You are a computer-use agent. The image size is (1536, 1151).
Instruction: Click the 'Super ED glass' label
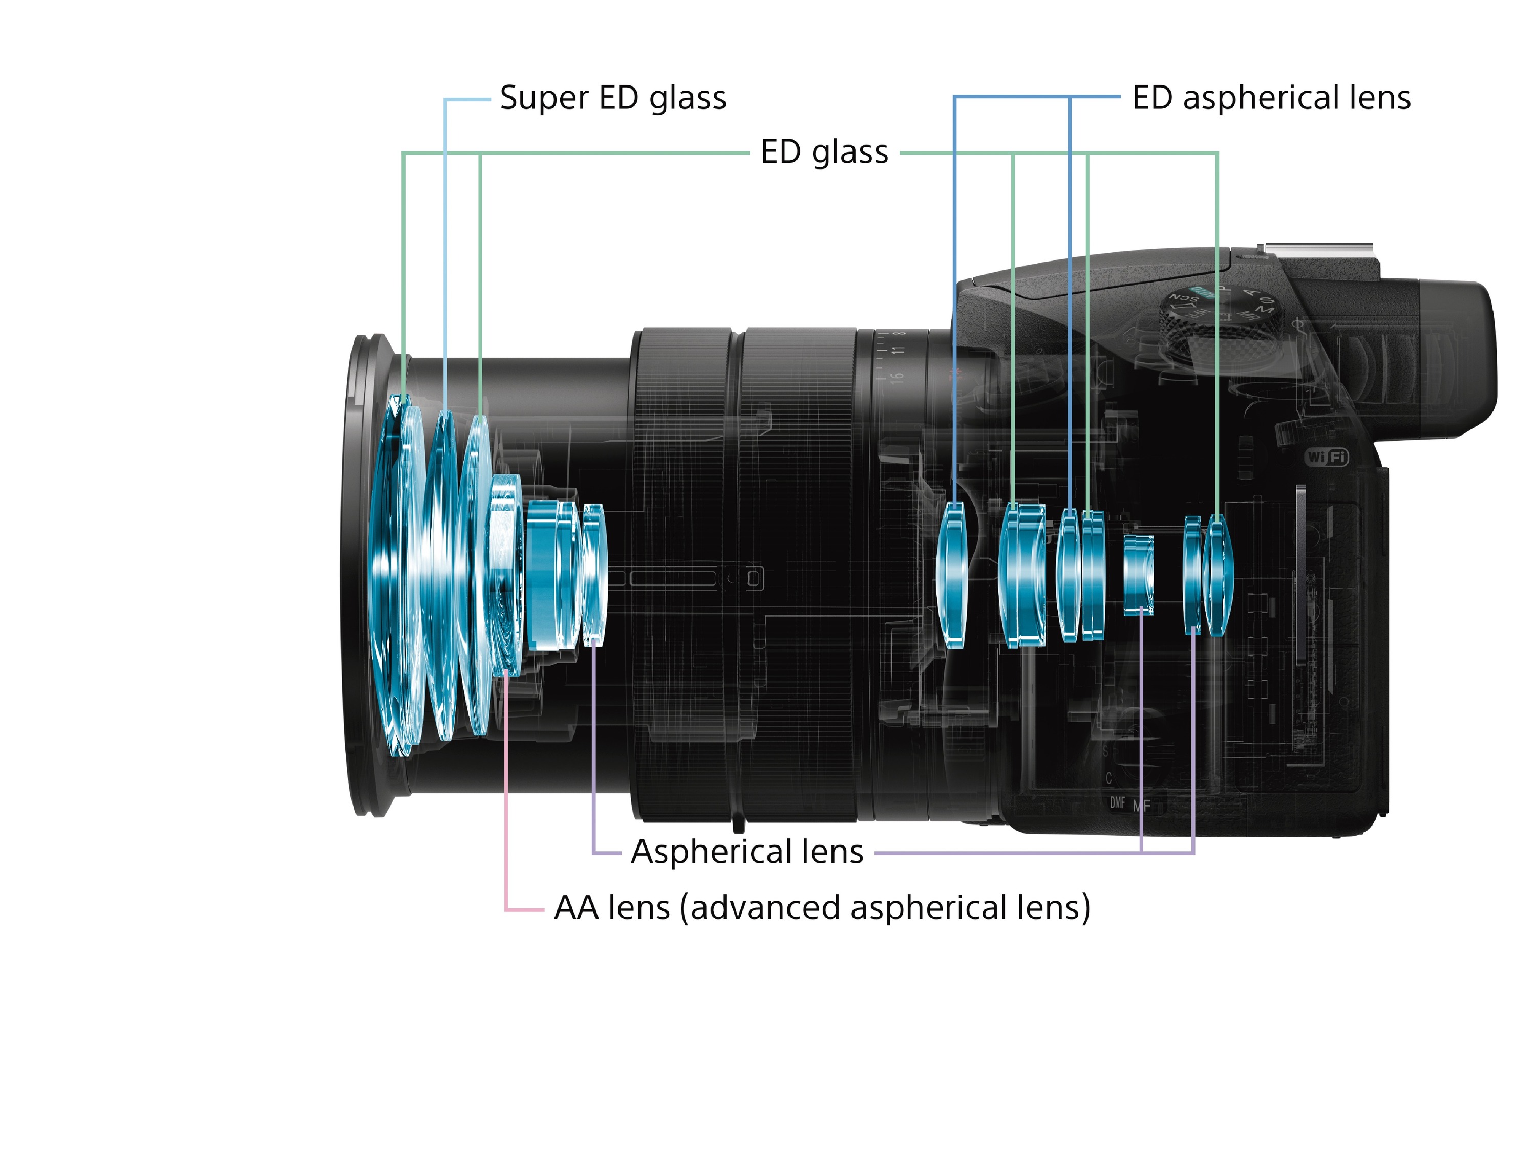coord(612,98)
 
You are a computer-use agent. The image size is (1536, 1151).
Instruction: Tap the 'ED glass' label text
coord(824,152)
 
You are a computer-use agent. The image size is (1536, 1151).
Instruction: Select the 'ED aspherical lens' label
coord(1271,98)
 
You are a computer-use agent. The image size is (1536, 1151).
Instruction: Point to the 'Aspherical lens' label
coord(746,852)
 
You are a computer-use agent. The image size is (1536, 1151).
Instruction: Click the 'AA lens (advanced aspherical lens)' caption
coord(821,907)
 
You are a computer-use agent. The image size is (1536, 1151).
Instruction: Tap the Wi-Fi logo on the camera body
coord(1326,457)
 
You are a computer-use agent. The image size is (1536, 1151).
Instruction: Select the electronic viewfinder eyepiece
coord(1452,361)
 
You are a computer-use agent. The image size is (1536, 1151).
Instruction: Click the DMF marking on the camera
coord(1117,803)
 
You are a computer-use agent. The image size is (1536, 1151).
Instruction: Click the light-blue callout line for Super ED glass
coord(445,243)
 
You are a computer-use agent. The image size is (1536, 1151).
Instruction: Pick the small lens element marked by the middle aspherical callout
coord(1139,575)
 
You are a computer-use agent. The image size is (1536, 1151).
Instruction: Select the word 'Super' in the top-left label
coord(544,98)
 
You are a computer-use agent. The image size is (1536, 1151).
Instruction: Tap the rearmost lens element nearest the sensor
coord(1217,575)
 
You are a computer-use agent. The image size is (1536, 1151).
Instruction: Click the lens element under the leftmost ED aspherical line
coord(953,575)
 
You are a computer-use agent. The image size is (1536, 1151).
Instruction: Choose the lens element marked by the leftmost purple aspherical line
coord(594,575)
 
